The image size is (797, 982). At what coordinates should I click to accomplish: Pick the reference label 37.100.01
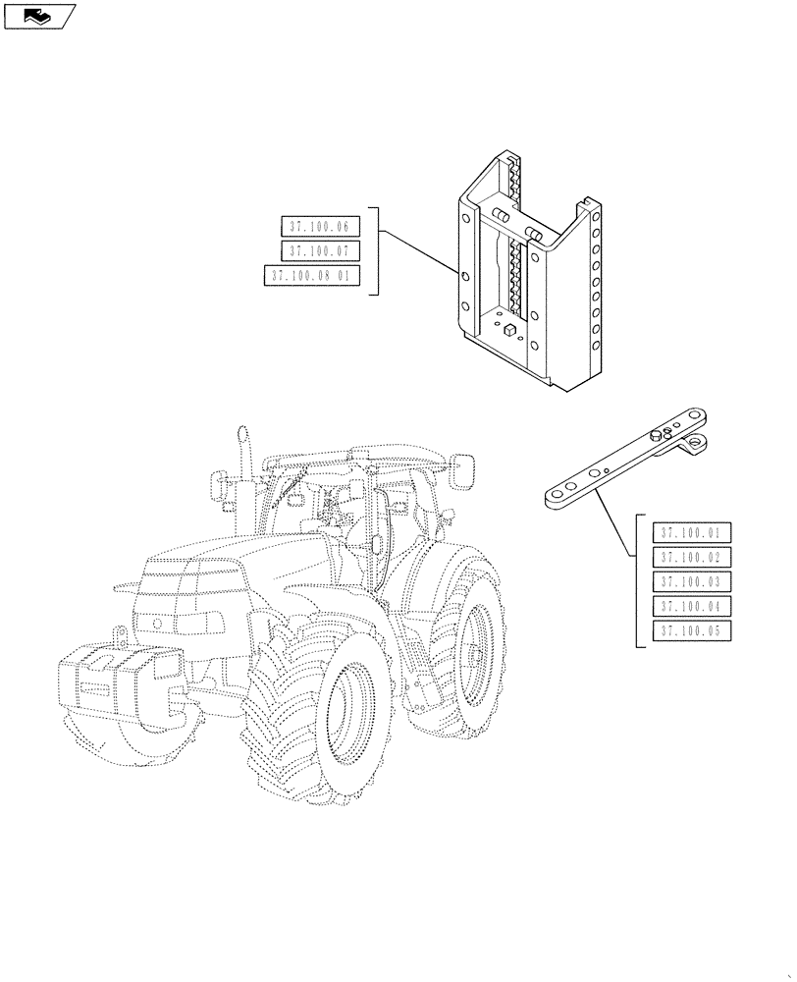pyautogui.click(x=691, y=533)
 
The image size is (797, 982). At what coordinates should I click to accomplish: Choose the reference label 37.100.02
pyautogui.click(x=691, y=558)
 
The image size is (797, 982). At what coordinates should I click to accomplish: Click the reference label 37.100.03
pyautogui.click(x=691, y=582)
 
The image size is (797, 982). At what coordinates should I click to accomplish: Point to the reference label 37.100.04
pyautogui.click(x=691, y=607)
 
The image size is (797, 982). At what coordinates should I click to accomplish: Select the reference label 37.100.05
pyautogui.click(x=691, y=631)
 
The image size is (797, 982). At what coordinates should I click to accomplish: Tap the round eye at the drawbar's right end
pyautogui.click(x=696, y=443)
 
